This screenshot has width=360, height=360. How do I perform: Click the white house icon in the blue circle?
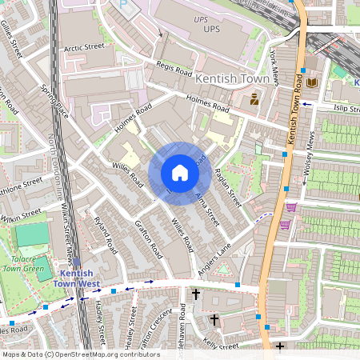click(x=180, y=173)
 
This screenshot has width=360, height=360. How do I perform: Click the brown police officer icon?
click(x=254, y=99)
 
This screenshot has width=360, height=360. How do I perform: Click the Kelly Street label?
click(x=221, y=345)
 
